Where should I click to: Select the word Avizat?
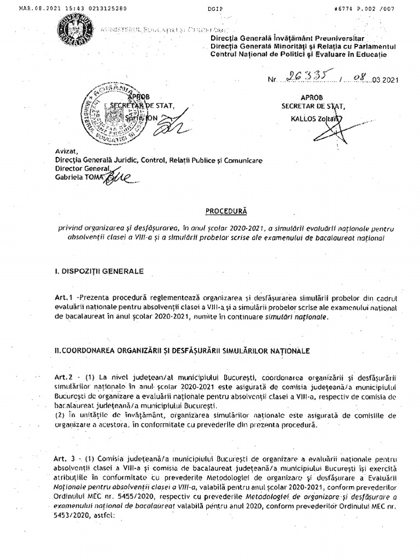pyautogui.click(x=63, y=152)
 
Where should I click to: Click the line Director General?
pyautogui.click(x=79, y=168)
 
